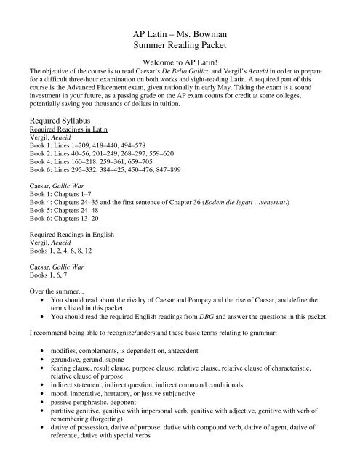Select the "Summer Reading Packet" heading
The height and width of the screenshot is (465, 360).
tap(179, 49)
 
